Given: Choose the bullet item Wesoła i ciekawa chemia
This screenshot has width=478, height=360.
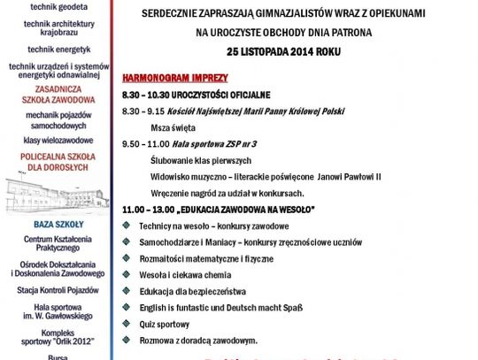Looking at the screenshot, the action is pos(183,274).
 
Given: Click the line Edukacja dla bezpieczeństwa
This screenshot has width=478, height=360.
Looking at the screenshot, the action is pos(189,290).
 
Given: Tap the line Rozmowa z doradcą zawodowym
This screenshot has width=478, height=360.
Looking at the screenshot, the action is pos(197,340).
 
